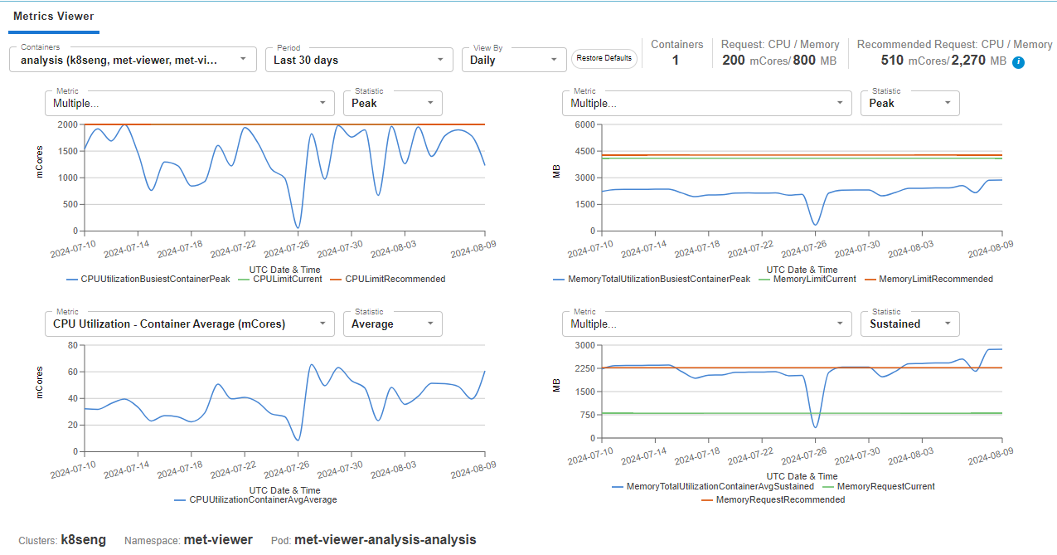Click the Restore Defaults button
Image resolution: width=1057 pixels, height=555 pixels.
[x=604, y=58]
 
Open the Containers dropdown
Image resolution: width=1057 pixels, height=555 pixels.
[x=133, y=60]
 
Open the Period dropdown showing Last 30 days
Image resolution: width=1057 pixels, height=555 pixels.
[x=359, y=60]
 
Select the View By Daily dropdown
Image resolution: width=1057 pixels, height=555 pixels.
[x=514, y=60]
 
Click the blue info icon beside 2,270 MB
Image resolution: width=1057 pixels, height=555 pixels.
[x=1018, y=62]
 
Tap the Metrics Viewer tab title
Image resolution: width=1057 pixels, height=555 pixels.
[x=53, y=16]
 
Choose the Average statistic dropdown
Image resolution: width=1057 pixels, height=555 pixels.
[x=393, y=324]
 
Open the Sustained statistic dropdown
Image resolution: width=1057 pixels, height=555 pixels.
[x=909, y=324]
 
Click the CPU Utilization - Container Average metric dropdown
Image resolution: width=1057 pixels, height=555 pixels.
[x=190, y=324]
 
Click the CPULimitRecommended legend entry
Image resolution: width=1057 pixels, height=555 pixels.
[x=388, y=279]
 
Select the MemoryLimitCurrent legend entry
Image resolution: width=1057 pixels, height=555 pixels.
[x=807, y=279]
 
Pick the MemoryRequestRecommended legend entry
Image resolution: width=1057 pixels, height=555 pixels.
[x=773, y=499]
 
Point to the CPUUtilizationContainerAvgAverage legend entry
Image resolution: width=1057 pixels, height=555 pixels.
[x=256, y=499]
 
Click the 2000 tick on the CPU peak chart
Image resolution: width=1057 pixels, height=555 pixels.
[x=67, y=124]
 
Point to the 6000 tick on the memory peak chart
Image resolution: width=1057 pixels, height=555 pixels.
[x=585, y=124]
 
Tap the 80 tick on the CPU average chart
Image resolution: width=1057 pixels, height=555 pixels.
[x=73, y=345]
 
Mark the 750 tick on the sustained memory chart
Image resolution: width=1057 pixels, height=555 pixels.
[x=588, y=415]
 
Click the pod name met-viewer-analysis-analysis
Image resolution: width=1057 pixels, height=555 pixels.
[x=385, y=539]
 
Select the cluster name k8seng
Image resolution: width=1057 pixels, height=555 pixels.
[x=84, y=539]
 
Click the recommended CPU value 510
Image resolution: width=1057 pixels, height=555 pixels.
[x=892, y=61]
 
